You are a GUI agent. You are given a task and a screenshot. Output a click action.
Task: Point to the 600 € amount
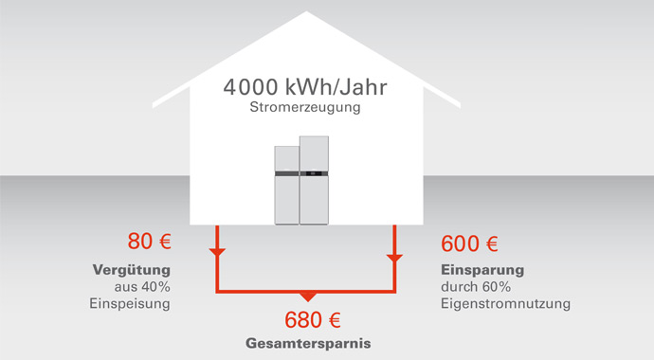tap(470, 243)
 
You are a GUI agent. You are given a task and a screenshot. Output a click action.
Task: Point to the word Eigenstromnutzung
tap(505, 304)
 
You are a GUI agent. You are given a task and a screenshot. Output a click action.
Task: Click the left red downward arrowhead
tap(218, 253)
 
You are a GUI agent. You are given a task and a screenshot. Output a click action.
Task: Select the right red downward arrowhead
tap(394, 256)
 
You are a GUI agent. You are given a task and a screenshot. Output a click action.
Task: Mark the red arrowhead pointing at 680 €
tap(306, 297)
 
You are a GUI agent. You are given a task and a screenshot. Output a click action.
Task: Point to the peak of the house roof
tap(306, 12)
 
